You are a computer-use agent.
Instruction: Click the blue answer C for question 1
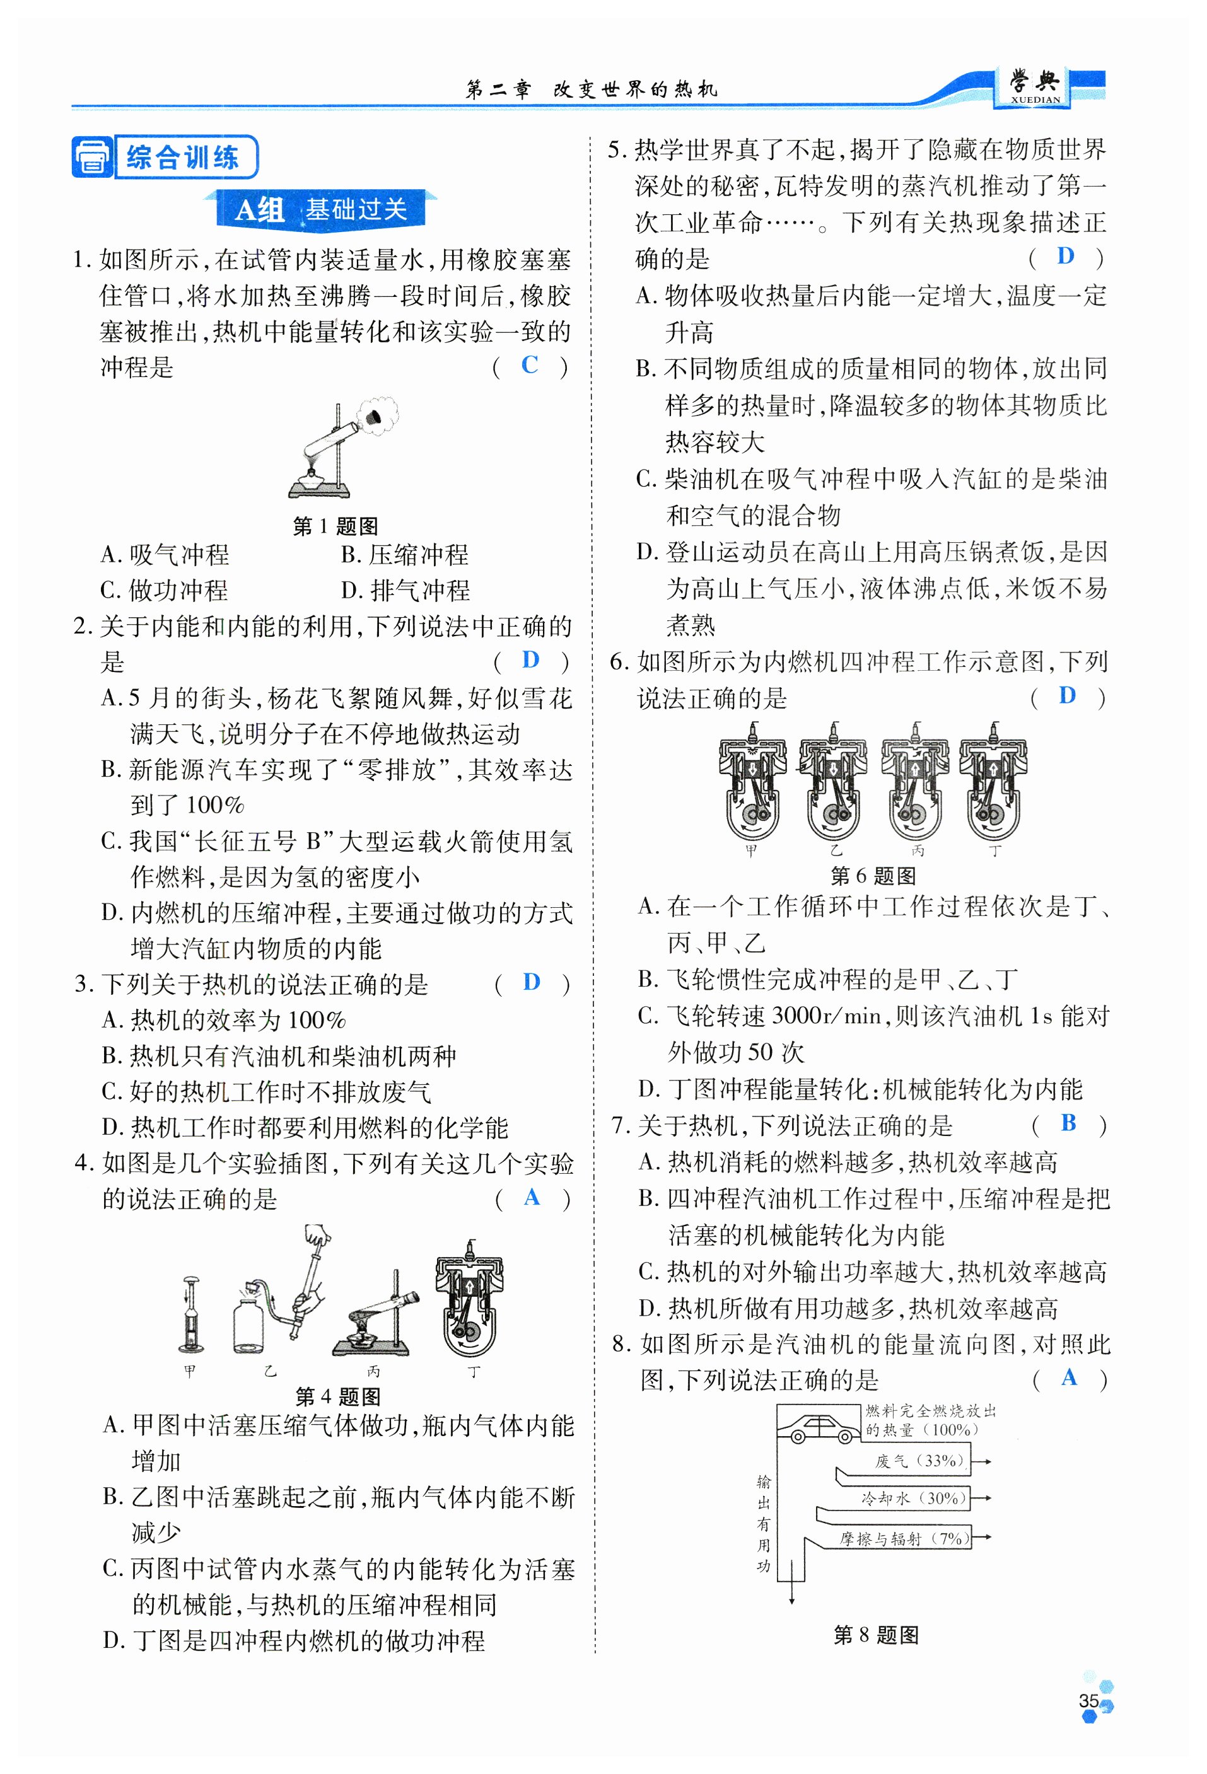coord(529,365)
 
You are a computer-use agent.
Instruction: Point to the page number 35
coord(1088,1700)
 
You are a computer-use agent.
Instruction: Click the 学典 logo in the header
coord(1034,86)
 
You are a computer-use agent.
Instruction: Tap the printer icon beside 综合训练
coord(92,157)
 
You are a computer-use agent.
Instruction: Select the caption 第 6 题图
coord(873,876)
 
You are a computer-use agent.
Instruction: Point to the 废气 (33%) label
coord(919,1460)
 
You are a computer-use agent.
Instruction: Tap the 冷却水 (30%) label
coord(913,1498)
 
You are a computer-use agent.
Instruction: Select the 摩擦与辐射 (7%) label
coord(904,1538)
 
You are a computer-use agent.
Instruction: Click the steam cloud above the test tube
coord(378,414)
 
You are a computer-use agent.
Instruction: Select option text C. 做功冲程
coord(164,590)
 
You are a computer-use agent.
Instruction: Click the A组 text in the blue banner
coord(260,209)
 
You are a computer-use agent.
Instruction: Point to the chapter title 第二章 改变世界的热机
coord(592,90)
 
